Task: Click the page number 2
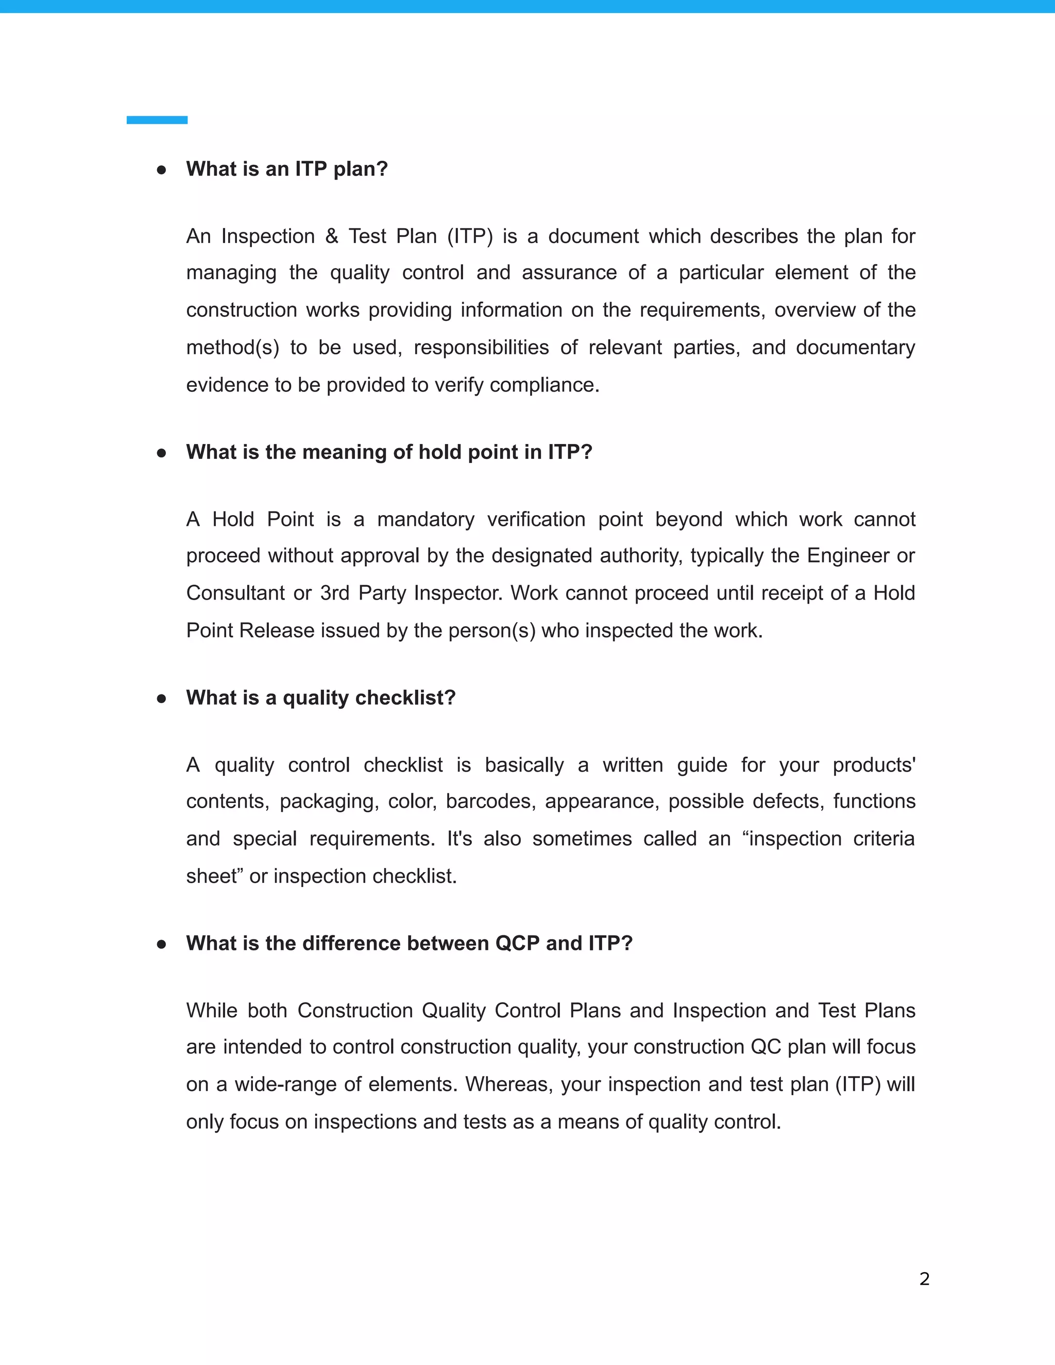pyautogui.click(x=924, y=1279)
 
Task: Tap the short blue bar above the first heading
pyautogui.click(x=157, y=120)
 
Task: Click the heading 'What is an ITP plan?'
pyautogui.click(x=287, y=169)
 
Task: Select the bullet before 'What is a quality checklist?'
pyautogui.click(x=161, y=698)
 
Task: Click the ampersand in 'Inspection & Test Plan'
pyautogui.click(x=331, y=236)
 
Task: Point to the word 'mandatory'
pyautogui.click(x=426, y=519)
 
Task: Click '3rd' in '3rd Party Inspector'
pyautogui.click(x=334, y=592)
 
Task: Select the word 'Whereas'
pyautogui.click(x=509, y=1084)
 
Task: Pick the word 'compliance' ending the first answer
pyautogui.click(x=544, y=385)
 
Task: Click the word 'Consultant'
pyautogui.click(x=235, y=592)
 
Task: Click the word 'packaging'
pyautogui.click(x=329, y=801)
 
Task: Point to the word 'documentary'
pyautogui.click(x=855, y=348)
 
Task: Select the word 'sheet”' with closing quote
pyautogui.click(x=213, y=876)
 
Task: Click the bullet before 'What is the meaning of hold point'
pyautogui.click(x=161, y=452)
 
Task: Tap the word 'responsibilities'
pyautogui.click(x=481, y=348)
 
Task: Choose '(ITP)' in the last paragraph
pyautogui.click(x=858, y=1084)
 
